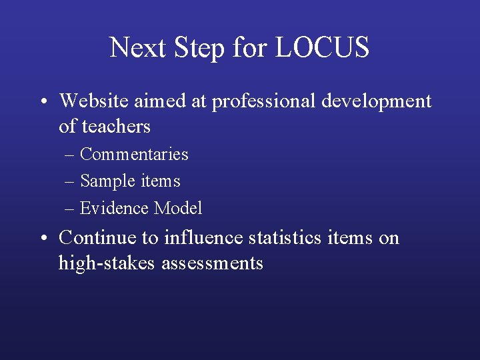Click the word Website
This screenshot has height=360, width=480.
93,101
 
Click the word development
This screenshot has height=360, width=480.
376,101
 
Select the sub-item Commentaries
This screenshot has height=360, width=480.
134,154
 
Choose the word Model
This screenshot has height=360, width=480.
178,208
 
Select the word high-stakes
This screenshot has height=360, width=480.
107,263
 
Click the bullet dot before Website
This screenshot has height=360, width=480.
42,102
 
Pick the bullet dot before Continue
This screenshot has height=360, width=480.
42,238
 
